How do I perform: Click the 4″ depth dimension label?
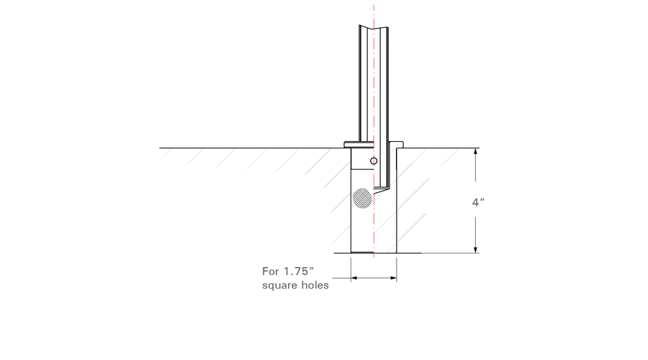[x=478, y=202]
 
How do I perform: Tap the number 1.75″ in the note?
[x=298, y=271]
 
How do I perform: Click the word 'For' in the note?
[x=270, y=271]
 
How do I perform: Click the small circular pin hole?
[x=374, y=161]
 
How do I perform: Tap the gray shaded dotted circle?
[x=362, y=199]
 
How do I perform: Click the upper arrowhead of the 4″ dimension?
[x=476, y=151]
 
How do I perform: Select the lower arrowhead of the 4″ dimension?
[x=476, y=249]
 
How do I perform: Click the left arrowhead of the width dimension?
[x=354, y=278]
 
